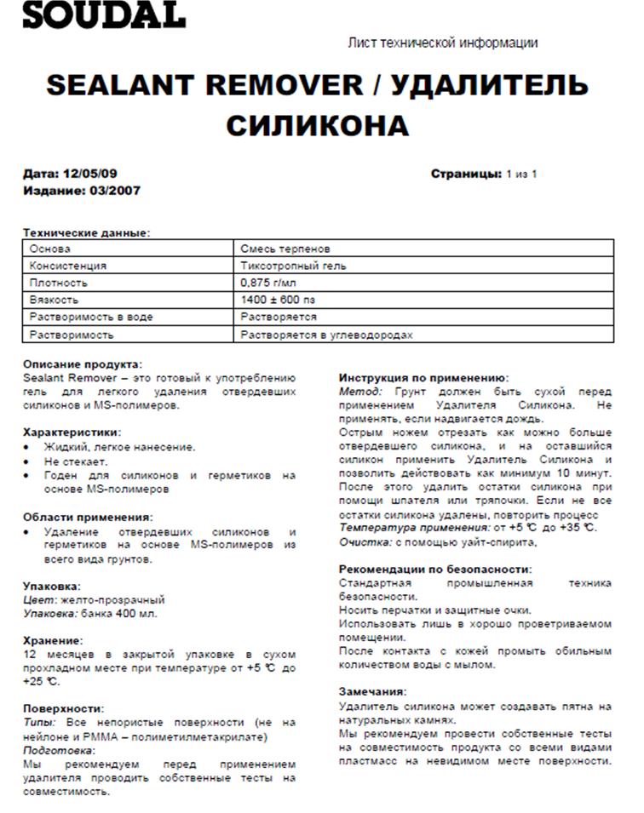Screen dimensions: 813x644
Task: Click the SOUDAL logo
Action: [x=102, y=14]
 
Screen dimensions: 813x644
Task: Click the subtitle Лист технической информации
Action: [x=443, y=43]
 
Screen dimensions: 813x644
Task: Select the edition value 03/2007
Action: [x=114, y=191]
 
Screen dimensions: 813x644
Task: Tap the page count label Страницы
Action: [x=466, y=174]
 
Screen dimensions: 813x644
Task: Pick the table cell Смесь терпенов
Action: [x=285, y=249]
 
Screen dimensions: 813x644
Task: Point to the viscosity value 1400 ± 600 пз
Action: [x=279, y=300]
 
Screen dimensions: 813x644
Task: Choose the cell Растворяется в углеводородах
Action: [x=326, y=335]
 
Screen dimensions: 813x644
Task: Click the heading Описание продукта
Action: [x=83, y=364]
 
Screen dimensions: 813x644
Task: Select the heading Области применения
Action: [x=88, y=517]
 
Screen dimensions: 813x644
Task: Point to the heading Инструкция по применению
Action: [x=423, y=377]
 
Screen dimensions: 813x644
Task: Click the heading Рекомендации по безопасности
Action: [x=435, y=569]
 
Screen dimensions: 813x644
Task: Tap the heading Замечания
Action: [x=373, y=691]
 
